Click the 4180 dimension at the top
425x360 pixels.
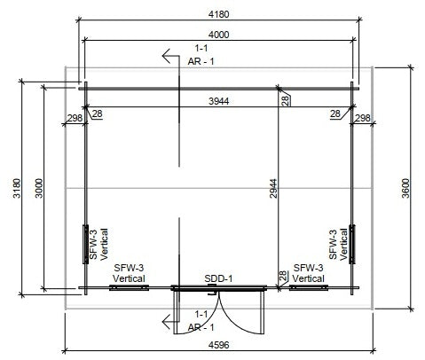pyautogui.click(x=218, y=14)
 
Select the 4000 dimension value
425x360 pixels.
pyautogui.click(x=218, y=35)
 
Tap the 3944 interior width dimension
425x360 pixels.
pyautogui.click(x=218, y=101)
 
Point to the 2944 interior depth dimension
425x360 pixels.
pyautogui.click(x=273, y=188)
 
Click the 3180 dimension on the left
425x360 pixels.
pyautogui.click(x=17, y=188)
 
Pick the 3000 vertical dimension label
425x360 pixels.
pyautogui.click(x=39, y=188)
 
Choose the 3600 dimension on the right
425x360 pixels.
pyautogui.click(x=405, y=188)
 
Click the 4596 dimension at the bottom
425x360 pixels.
pyautogui.click(x=218, y=345)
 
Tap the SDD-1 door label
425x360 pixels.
pyautogui.click(x=218, y=278)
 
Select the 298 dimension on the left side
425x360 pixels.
pyautogui.click(x=75, y=118)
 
